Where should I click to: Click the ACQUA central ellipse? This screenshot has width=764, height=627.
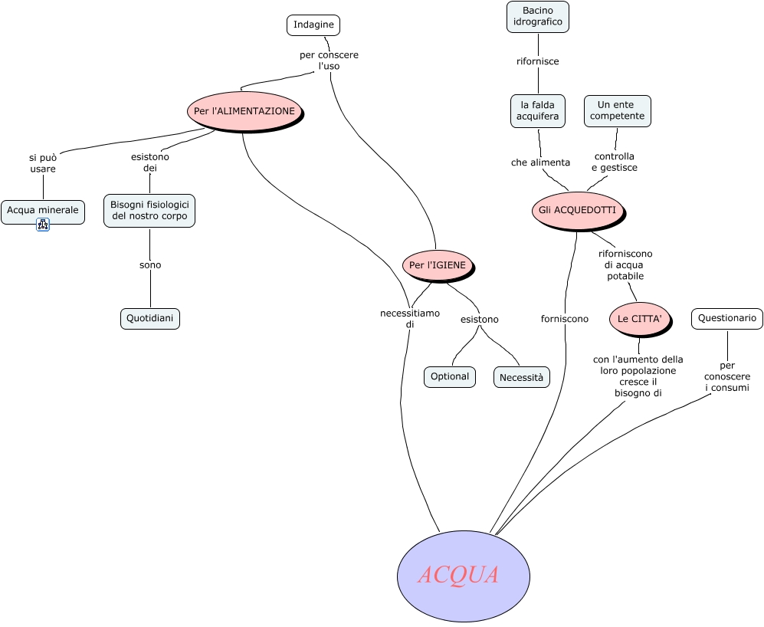(x=463, y=576)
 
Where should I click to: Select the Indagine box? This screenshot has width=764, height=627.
(x=313, y=25)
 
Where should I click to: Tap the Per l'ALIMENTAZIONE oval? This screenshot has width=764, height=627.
(x=244, y=111)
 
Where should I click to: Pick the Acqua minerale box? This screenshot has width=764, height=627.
(x=43, y=211)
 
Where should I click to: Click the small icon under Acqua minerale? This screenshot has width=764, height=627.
(x=43, y=225)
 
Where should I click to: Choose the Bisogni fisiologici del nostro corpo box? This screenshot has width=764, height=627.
(x=149, y=211)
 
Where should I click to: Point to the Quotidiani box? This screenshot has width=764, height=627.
(x=150, y=318)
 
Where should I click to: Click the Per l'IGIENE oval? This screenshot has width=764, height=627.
(x=437, y=265)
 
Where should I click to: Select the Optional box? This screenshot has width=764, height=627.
(x=450, y=376)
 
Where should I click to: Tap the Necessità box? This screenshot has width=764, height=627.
(x=521, y=377)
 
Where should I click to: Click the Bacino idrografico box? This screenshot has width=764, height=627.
(x=538, y=17)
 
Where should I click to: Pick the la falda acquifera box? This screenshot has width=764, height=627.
(x=538, y=110)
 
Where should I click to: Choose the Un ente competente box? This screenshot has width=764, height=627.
(x=617, y=110)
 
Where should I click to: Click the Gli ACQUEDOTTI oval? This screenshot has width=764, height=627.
(x=577, y=210)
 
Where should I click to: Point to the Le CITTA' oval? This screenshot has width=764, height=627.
(x=639, y=318)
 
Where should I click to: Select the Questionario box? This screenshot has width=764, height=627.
(x=727, y=318)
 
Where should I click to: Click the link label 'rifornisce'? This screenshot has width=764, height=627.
(x=538, y=61)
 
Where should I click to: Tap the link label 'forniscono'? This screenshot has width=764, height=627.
(x=565, y=318)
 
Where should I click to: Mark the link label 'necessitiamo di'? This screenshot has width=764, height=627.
(x=409, y=318)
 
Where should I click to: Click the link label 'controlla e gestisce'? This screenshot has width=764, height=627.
(x=615, y=162)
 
